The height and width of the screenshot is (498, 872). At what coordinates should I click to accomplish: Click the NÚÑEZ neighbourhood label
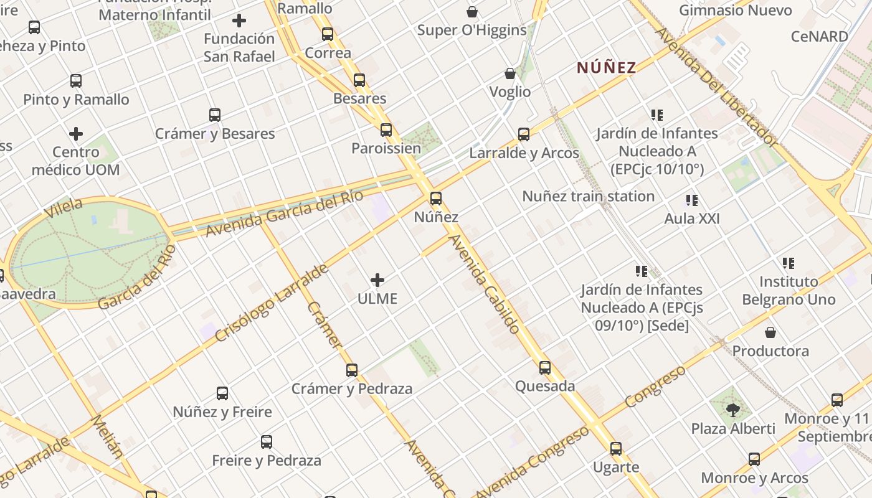tap(606, 67)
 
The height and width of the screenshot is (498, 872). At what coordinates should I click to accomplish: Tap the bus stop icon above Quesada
tap(545, 368)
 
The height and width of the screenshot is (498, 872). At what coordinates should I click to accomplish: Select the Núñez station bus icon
tap(436, 199)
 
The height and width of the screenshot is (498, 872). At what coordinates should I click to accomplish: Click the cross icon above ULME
tap(377, 280)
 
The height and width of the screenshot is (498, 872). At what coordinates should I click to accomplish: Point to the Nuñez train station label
tap(588, 197)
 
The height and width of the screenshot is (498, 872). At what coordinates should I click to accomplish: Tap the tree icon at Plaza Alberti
tap(733, 410)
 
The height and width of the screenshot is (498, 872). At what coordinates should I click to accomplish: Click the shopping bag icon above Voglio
tap(510, 74)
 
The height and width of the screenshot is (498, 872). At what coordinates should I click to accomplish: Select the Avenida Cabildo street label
tap(484, 283)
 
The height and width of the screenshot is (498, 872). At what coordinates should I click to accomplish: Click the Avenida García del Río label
tap(284, 214)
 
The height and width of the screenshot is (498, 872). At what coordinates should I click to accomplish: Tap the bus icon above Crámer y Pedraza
tap(352, 370)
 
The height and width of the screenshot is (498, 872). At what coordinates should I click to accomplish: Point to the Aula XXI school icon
tap(691, 200)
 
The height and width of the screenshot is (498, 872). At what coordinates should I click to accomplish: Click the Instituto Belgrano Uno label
tap(789, 291)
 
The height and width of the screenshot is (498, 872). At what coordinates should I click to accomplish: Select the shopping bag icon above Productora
tap(770, 332)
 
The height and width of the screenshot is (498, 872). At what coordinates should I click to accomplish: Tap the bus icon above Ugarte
tap(616, 449)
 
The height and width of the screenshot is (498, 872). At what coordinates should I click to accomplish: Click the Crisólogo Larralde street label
tap(272, 303)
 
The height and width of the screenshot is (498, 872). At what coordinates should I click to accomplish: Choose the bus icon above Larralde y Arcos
tap(524, 134)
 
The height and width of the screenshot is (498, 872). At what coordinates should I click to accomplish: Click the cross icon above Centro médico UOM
tap(76, 134)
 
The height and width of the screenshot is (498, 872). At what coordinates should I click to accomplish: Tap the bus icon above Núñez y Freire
tap(222, 393)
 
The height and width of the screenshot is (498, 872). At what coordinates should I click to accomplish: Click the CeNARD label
tap(820, 37)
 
